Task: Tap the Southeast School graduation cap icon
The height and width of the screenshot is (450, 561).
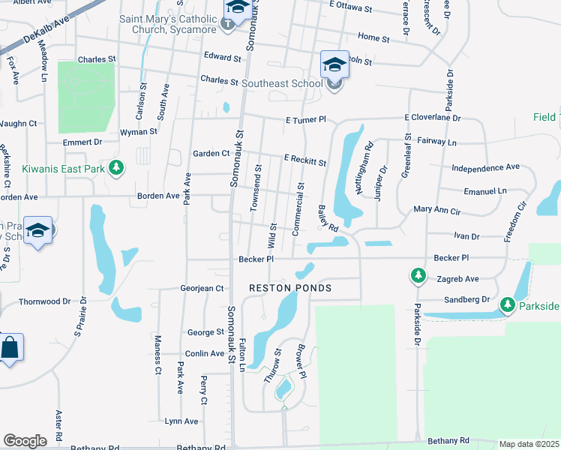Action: click(334, 64)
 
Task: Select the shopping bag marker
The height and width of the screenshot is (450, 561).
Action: click(10, 348)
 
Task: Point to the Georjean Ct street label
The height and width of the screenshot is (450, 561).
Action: click(202, 288)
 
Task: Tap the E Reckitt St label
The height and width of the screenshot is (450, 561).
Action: click(304, 160)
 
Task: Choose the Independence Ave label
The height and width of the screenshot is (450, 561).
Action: click(486, 167)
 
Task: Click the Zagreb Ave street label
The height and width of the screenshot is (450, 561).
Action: click(456, 278)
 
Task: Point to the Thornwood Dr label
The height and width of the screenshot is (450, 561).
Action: click(44, 301)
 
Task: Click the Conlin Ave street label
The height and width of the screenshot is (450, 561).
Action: click(204, 353)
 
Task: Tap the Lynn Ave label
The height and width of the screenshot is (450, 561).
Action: click(181, 421)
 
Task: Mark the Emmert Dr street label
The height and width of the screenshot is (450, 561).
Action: click(82, 142)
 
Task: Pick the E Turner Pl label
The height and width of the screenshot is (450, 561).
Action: click(306, 119)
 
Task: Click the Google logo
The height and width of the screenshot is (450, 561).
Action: click(25, 441)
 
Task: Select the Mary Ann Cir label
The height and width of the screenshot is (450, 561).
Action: click(443, 211)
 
